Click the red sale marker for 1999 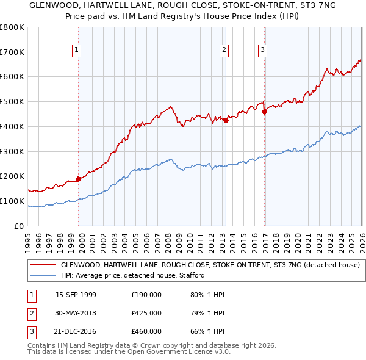click(78, 179)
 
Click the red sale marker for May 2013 click(225, 120)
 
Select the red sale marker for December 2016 click(264, 112)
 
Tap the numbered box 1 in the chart click(77, 50)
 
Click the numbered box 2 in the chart click(224, 50)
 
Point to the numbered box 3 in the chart click(262, 50)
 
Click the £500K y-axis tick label click(12, 102)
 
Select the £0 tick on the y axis click(20, 226)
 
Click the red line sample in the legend click(42, 265)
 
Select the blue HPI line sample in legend click(42, 275)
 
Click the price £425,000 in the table click(146, 313)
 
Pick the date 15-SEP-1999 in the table click(76, 295)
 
